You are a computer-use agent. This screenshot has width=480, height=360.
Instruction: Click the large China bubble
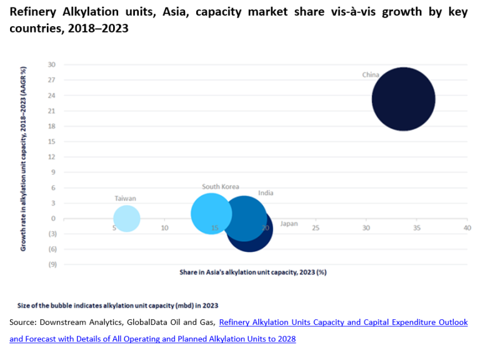click(x=403, y=99)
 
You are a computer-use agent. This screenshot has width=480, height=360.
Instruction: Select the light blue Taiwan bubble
click(x=126, y=219)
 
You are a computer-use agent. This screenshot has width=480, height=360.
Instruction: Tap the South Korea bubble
click(x=211, y=214)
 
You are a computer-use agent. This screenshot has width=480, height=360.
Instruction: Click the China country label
click(x=370, y=75)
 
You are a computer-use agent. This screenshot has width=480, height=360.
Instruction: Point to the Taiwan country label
click(x=125, y=198)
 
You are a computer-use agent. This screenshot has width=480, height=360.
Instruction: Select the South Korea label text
click(x=220, y=187)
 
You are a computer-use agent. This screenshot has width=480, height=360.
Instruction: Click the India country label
click(x=266, y=193)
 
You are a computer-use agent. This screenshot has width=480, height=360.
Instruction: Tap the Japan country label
click(x=289, y=224)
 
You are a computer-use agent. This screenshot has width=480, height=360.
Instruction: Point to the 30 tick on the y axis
click(x=52, y=64)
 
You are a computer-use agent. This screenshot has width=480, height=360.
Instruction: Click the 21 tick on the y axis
click(x=52, y=111)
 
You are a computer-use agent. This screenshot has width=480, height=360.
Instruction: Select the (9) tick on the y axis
click(x=52, y=264)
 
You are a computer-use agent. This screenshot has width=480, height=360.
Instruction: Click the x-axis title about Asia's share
click(x=252, y=272)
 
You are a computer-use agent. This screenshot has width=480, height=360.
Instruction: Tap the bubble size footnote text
click(x=117, y=306)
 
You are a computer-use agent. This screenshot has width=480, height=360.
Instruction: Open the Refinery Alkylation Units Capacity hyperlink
click(x=343, y=322)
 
